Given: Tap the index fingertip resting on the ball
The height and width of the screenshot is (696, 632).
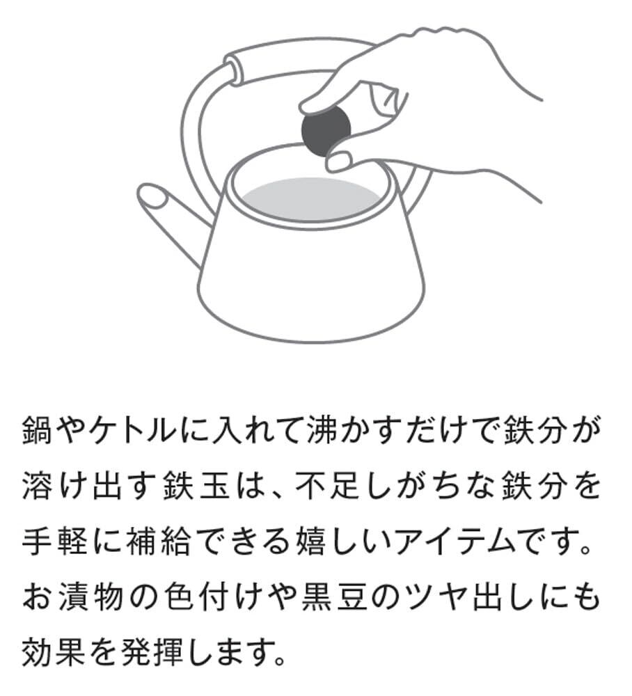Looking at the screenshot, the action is [313, 106].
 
